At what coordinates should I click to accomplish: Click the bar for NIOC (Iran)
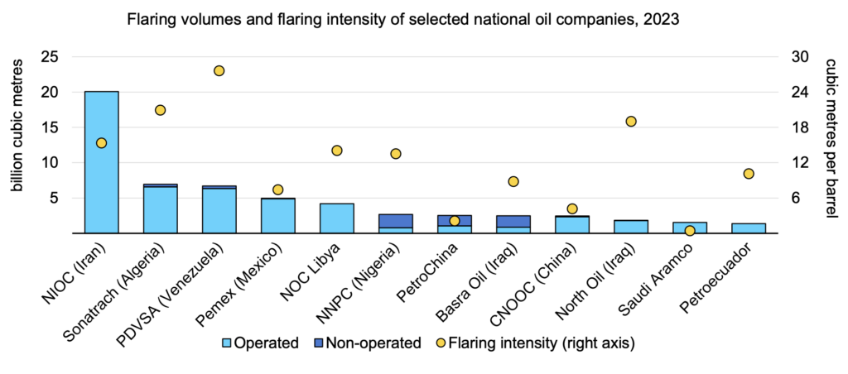click(101, 162)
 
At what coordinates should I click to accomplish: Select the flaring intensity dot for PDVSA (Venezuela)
click(219, 71)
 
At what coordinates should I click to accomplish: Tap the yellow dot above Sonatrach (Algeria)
click(160, 110)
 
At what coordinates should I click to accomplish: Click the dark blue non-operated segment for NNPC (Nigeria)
click(395, 221)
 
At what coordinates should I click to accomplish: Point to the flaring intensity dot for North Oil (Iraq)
click(631, 122)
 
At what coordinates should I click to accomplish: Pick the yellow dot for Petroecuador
click(749, 174)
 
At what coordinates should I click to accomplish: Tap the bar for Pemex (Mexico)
click(277, 216)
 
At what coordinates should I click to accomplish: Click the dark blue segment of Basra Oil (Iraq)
click(513, 221)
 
